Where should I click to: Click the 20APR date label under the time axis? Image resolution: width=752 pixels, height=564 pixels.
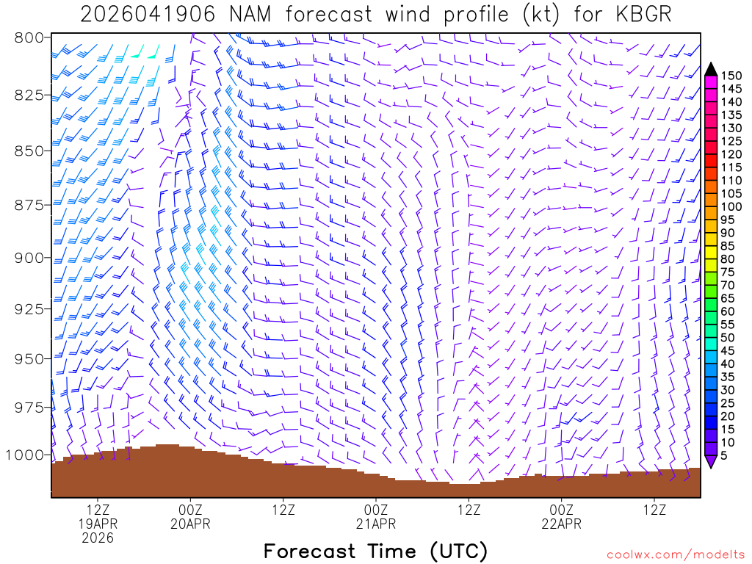(191, 523)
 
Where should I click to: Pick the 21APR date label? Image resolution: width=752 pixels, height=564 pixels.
(376, 523)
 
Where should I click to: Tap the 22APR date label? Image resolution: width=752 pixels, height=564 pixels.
(562, 523)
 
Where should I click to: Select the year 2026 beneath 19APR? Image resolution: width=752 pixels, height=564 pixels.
(98, 538)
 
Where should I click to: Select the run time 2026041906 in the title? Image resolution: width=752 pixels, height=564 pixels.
(148, 14)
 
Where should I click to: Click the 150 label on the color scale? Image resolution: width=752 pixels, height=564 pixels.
(731, 76)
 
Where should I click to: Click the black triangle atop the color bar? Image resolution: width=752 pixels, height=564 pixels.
(711, 69)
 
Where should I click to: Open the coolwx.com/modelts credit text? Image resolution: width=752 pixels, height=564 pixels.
(674, 554)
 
